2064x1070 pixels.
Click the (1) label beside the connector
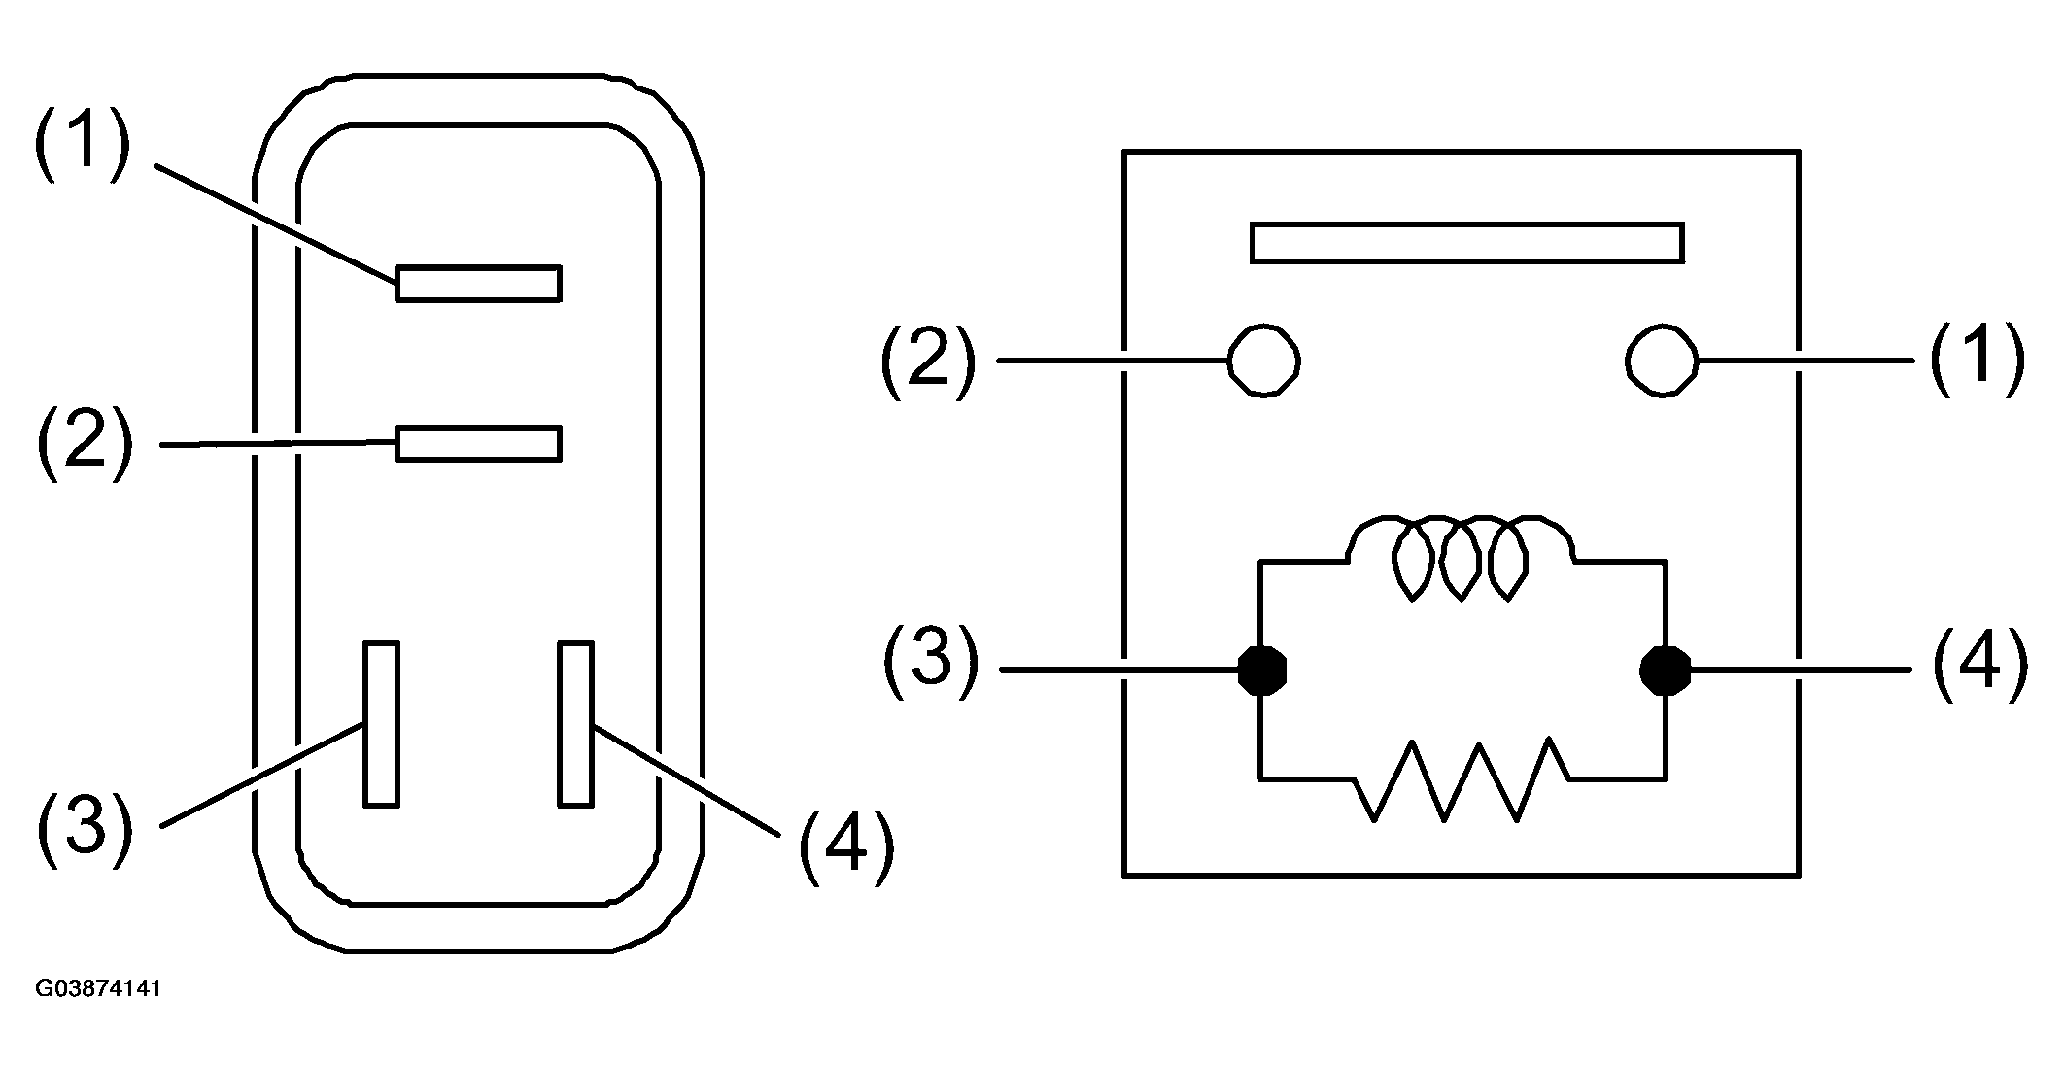pos(82,144)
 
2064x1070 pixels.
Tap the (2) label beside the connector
pos(84,442)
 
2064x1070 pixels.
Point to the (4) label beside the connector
pos(845,846)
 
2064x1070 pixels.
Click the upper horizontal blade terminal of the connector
pos(478,283)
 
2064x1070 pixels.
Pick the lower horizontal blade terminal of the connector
pos(478,442)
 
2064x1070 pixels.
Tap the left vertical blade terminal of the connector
pos(381,723)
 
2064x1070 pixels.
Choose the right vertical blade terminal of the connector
pos(575,723)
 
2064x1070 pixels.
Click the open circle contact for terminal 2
pos(1264,361)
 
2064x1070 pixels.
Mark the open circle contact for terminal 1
pos(1662,361)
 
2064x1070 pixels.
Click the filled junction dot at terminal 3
pos(1262,670)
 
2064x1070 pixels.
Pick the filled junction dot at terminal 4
pos(1665,670)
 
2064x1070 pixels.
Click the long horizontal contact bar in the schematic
pos(1467,243)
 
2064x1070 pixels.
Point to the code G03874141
pos(98,989)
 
